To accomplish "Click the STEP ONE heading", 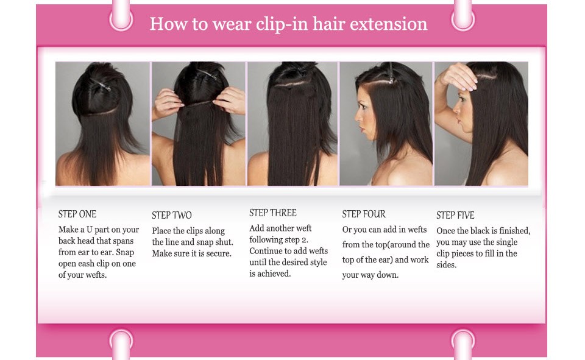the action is (x=77, y=214).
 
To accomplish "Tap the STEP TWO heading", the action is (x=172, y=215).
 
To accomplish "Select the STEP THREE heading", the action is (x=273, y=213).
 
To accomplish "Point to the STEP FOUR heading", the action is (x=364, y=214).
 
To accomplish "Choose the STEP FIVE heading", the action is (x=455, y=215).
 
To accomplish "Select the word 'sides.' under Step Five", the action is (x=447, y=265).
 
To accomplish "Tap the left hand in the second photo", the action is (x=167, y=104).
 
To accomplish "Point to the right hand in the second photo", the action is (x=230, y=100).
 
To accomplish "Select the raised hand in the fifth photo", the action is (x=458, y=77).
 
